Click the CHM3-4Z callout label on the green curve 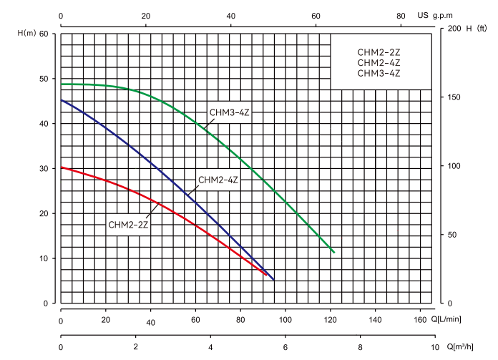click(x=228, y=112)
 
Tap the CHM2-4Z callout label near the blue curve click(x=218, y=180)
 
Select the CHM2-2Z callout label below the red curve click(x=128, y=224)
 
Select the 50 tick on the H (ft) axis click(x=451, y=235)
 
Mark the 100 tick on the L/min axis click(x=285, y=321)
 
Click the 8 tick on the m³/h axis click(x=361, y=347)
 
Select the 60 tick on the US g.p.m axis click(x=316, y=15)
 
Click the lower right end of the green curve click(x=333, y=252)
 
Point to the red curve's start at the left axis click(x=62, y=167)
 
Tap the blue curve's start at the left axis click(x=62, y=100)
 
